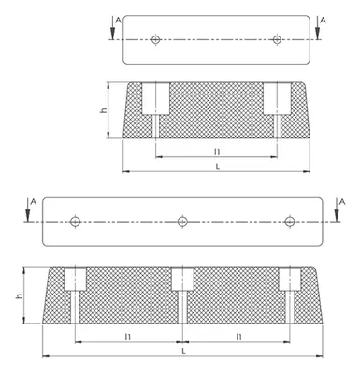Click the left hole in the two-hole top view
click(155, 39)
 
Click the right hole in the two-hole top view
click(277, 39)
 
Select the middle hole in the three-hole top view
click(182, 222)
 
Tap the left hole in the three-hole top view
click(75, 222)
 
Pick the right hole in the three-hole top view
click(290, 222)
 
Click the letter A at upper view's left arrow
click(118, 21)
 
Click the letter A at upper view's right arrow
click(324, 21)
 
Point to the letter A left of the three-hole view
click(34, 202)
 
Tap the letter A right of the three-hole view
click(342, 202)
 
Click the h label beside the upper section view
click(104, 110)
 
